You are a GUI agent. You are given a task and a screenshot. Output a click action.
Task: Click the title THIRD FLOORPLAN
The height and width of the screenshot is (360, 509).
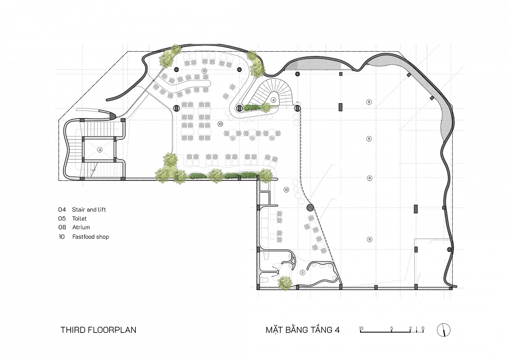98,330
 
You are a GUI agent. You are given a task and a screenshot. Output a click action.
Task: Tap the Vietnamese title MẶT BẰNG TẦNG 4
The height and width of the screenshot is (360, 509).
303,330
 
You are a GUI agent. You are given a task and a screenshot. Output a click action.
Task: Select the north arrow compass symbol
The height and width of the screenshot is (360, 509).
444,330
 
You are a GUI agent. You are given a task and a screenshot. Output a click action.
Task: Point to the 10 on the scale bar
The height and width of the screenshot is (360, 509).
361,328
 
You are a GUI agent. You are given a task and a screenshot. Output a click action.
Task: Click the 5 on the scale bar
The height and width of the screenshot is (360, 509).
392,328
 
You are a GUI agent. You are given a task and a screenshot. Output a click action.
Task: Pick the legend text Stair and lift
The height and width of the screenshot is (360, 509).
89,210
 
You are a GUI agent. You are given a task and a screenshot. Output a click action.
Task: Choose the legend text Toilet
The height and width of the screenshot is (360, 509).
79,219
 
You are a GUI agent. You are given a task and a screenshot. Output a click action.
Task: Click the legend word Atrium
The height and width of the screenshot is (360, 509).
81,227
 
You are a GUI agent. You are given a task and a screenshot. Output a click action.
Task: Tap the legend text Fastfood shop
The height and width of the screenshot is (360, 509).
91,237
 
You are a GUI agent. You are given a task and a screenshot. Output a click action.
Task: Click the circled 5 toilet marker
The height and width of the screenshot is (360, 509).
302,272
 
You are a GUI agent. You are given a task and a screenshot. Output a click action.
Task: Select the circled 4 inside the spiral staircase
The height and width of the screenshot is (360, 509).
274,100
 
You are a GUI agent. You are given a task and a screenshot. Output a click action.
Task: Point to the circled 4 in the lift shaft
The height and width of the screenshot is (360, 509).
99,150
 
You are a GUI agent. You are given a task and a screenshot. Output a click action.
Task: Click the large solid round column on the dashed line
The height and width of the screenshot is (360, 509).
310,208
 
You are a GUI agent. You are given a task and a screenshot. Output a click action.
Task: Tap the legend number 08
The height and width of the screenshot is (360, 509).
62,227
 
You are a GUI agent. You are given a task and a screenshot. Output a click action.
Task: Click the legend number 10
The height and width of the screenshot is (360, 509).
61,237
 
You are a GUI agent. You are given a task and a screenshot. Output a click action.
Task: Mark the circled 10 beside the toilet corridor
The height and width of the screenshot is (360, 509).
286,190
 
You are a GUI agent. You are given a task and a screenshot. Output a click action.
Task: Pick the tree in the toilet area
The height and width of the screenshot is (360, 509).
285,283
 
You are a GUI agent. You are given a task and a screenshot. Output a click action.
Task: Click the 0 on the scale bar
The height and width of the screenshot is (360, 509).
423,328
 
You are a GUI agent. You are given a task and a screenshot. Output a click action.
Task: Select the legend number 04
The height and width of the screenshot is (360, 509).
62,210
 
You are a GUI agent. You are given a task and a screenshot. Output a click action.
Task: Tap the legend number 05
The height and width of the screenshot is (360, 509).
62,219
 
